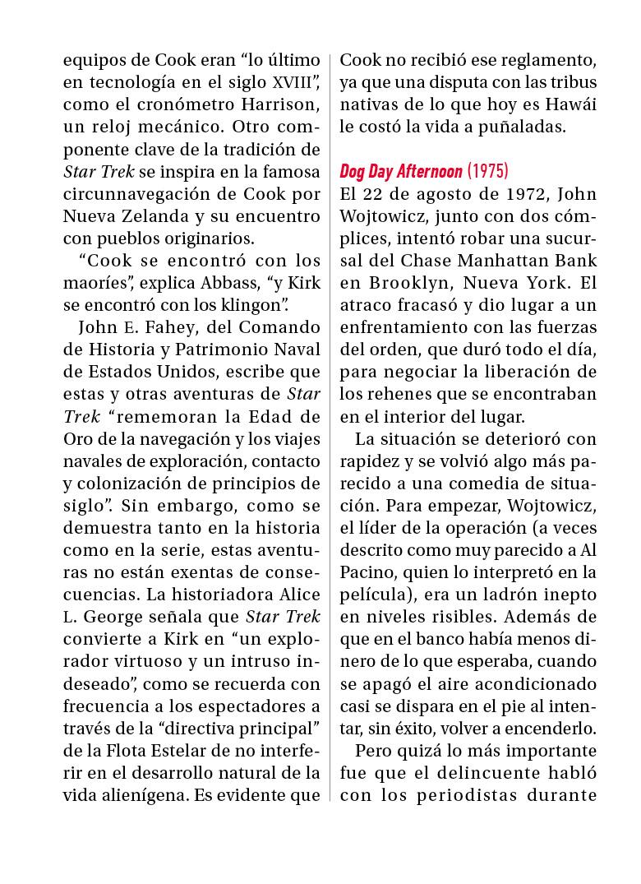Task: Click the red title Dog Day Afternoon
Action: coord(400,172)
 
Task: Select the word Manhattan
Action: coord(496,261)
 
